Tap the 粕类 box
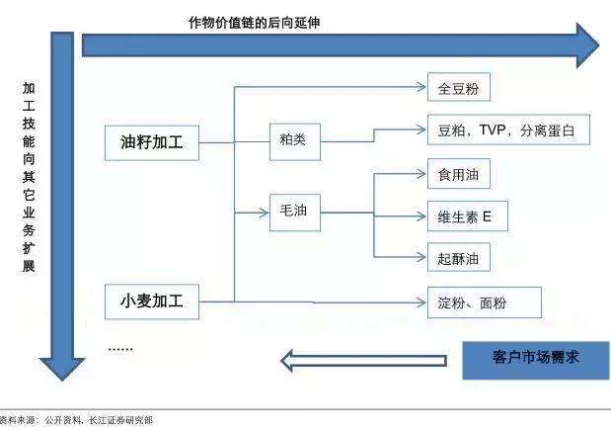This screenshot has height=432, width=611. [293, 140]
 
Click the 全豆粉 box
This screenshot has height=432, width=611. [458, 88]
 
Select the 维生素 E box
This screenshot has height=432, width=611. [467, 216]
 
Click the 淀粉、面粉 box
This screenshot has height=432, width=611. [484, 302]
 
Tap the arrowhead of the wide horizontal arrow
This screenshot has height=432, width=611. [586, 44]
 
